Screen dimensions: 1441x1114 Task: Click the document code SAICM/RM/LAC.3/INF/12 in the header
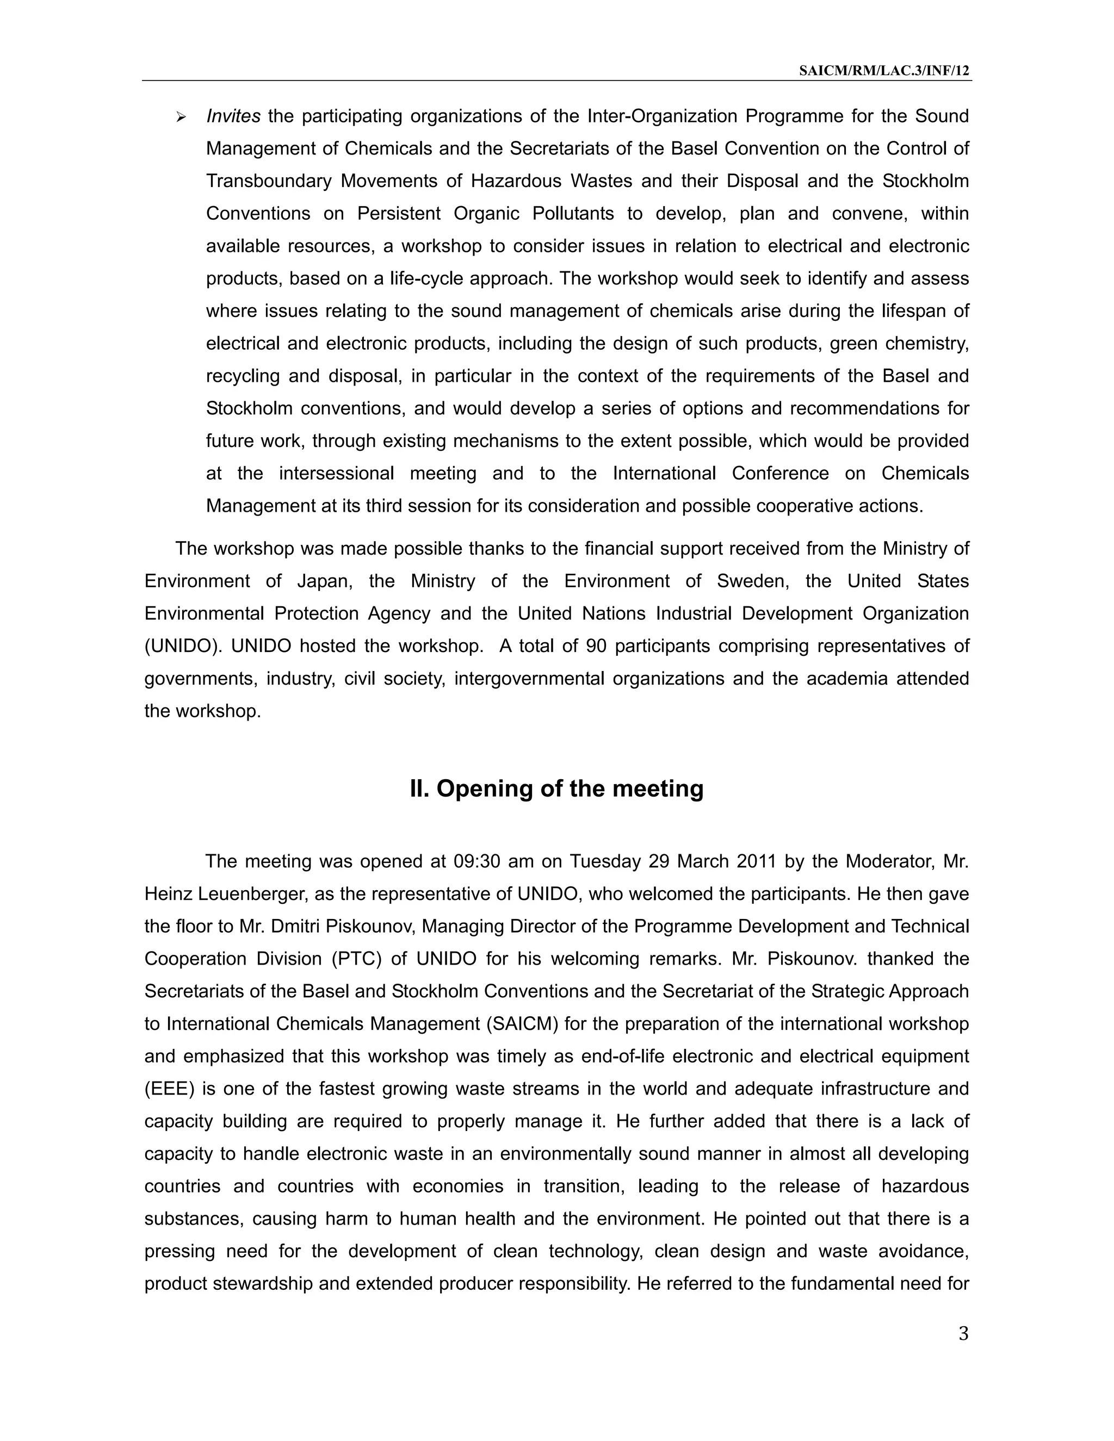884,71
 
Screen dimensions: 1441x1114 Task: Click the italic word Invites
233,116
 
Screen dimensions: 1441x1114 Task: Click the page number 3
963,1333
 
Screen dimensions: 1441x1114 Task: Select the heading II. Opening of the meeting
556,788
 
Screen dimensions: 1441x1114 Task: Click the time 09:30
477,862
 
